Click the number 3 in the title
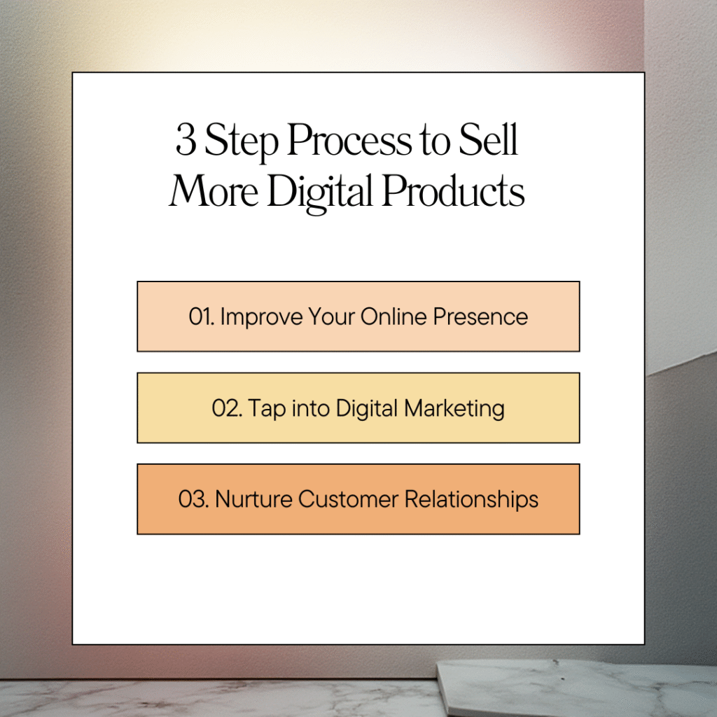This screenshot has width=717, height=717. pos(186,139)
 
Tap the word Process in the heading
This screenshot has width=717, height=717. pos(350,139)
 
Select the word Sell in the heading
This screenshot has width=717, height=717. pos(488,139)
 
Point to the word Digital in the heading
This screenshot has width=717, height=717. pos(319,192)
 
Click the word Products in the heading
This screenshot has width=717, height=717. pos(453,190)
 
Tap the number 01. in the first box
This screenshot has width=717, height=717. pos(202,316)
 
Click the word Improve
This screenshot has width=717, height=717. pos(262,317)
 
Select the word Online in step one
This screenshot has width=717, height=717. pos(394,316)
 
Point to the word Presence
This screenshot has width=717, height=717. pos(480,316)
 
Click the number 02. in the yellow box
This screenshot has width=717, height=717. pos(227,408)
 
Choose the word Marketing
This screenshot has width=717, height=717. pos(454,409)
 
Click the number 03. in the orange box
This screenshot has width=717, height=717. pos(193,499)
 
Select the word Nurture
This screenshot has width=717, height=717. pos(253,499)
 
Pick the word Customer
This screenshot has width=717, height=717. pos(349,499)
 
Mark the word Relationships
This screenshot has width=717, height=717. pos(471,500)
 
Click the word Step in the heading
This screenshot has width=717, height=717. pos(241,141)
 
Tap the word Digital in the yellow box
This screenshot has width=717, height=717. pos(367,409)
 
